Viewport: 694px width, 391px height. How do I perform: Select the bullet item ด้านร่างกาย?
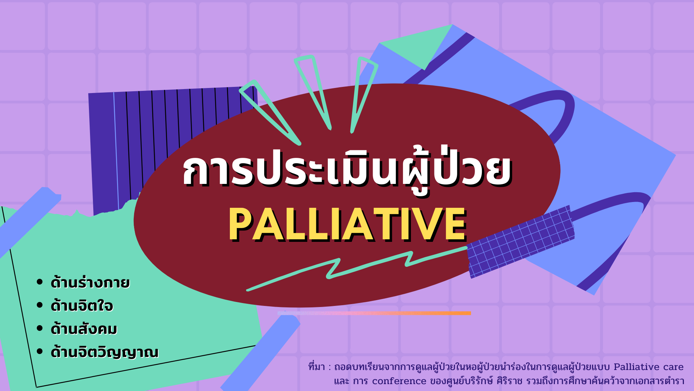[90, 282]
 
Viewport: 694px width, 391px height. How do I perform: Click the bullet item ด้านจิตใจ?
[82, 306]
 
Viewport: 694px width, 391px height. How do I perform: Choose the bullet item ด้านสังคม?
[84, 329]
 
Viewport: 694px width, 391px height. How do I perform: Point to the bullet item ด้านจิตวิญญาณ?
[104, 352]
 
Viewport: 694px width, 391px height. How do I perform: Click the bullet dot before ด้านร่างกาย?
[40, 282]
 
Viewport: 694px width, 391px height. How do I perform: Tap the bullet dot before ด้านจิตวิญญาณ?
[40, 352]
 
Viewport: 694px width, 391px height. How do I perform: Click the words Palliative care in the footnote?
[648, 367]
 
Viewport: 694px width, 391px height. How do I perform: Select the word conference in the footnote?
[399, 381]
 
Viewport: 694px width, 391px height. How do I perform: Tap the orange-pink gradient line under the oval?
[374, 313]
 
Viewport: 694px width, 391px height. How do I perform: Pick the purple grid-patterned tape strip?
[520, 241]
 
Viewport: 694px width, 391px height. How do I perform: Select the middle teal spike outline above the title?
[313, 92]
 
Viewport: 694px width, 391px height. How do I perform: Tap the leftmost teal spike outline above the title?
[269, 112]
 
